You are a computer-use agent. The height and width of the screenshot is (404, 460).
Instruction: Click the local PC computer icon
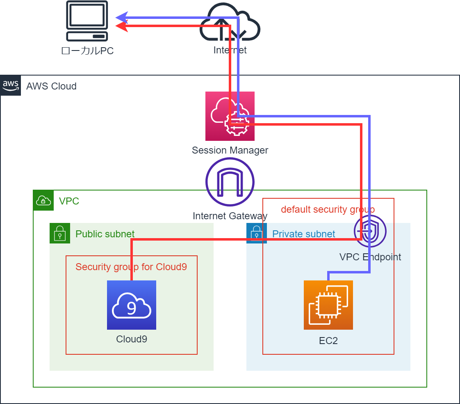coord(87,21)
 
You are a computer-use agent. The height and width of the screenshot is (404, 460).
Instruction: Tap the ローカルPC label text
coord(87,51)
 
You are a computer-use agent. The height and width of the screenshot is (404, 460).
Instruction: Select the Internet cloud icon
coord(230,22)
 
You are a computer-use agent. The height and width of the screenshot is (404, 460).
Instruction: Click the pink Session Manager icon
coord(230,116)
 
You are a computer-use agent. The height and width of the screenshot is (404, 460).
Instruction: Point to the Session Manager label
coord(230,150)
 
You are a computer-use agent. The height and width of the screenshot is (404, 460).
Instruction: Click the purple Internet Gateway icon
coord(230,182)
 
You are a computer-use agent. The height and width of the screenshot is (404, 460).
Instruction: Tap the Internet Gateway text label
coord(230,216)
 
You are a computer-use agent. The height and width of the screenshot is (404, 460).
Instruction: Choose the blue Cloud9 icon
coord(132,305)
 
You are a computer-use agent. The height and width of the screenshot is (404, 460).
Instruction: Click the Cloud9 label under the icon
coord(132,339)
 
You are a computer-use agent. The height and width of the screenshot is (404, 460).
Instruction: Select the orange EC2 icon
coord(328,305)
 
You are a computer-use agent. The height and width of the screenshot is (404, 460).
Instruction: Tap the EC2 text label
coord(328,341)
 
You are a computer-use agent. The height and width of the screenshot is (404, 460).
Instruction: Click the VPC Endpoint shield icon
coord(370,231)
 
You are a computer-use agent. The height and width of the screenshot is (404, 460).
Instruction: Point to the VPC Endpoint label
coord(370,257)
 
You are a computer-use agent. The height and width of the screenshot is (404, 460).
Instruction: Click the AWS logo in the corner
coord(11,85)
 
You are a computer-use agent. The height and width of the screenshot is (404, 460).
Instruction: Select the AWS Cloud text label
coord(51,86)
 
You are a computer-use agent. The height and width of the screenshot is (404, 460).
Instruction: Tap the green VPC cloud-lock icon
coord(43,200)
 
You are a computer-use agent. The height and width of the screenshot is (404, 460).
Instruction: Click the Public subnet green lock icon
coord(60,233)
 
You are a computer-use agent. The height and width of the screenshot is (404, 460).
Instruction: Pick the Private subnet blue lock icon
coord(257,233)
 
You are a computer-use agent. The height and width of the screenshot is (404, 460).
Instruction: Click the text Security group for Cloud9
coord(131,267)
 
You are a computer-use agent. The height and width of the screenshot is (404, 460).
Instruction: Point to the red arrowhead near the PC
coord(121,26)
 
